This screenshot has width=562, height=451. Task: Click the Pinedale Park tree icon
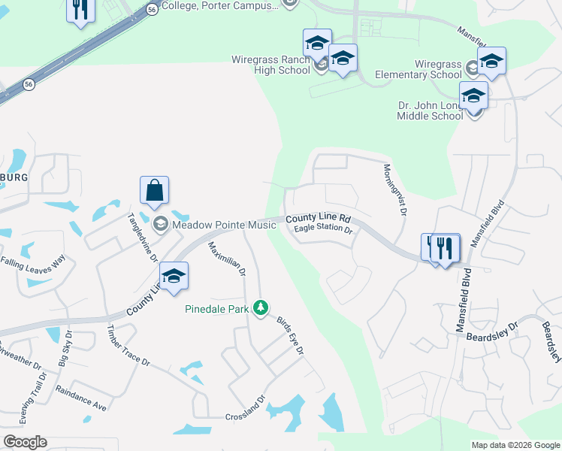pos(261,307)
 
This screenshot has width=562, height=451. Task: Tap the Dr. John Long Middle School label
pos(431,110)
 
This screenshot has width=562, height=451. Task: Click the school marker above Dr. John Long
pos(473,97)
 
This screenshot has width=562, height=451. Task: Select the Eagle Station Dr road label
pos(323,229)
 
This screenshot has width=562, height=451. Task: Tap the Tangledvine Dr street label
pos(143,236)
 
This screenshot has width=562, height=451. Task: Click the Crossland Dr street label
pos(246,417)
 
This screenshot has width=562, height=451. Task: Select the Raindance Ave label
pos(81,399)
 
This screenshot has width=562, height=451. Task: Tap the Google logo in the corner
pos(26,441)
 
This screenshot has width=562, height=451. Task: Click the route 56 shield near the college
pos(153,9)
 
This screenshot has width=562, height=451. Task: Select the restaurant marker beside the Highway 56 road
pos(80,10)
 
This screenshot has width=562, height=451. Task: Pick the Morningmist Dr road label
pos(395,191)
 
